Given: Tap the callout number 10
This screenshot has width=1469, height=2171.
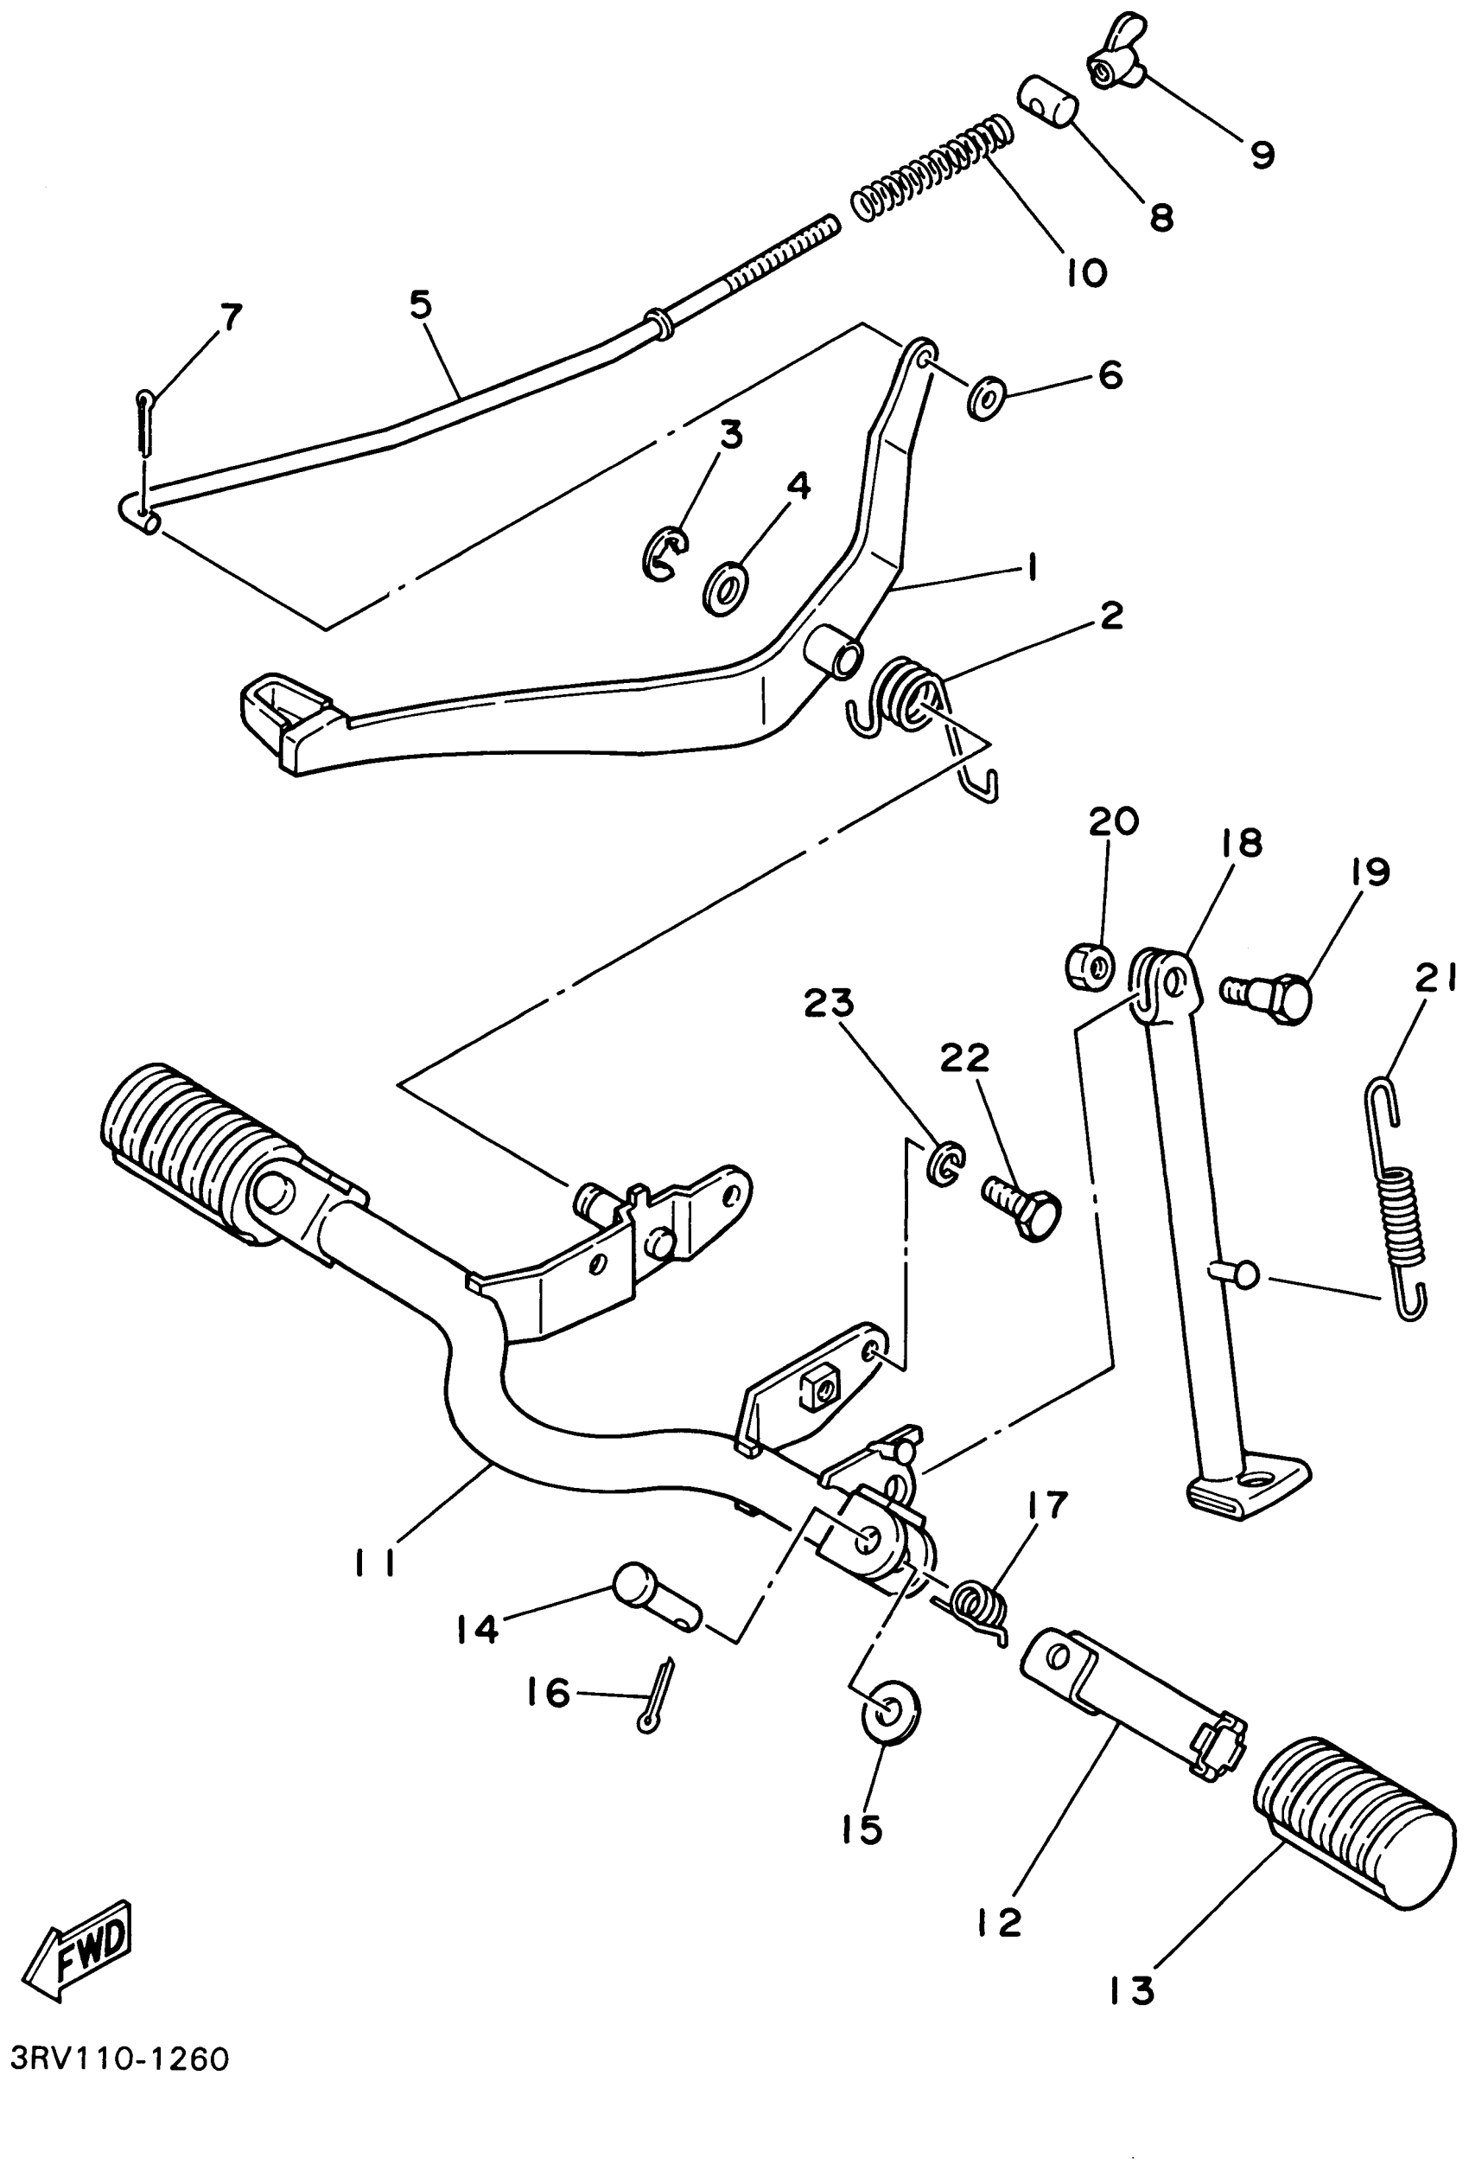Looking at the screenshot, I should pyautogui.click(x=1086, y=271).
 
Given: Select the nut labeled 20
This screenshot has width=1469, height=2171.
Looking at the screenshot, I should pyautogui.click(x=1089, y=963).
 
